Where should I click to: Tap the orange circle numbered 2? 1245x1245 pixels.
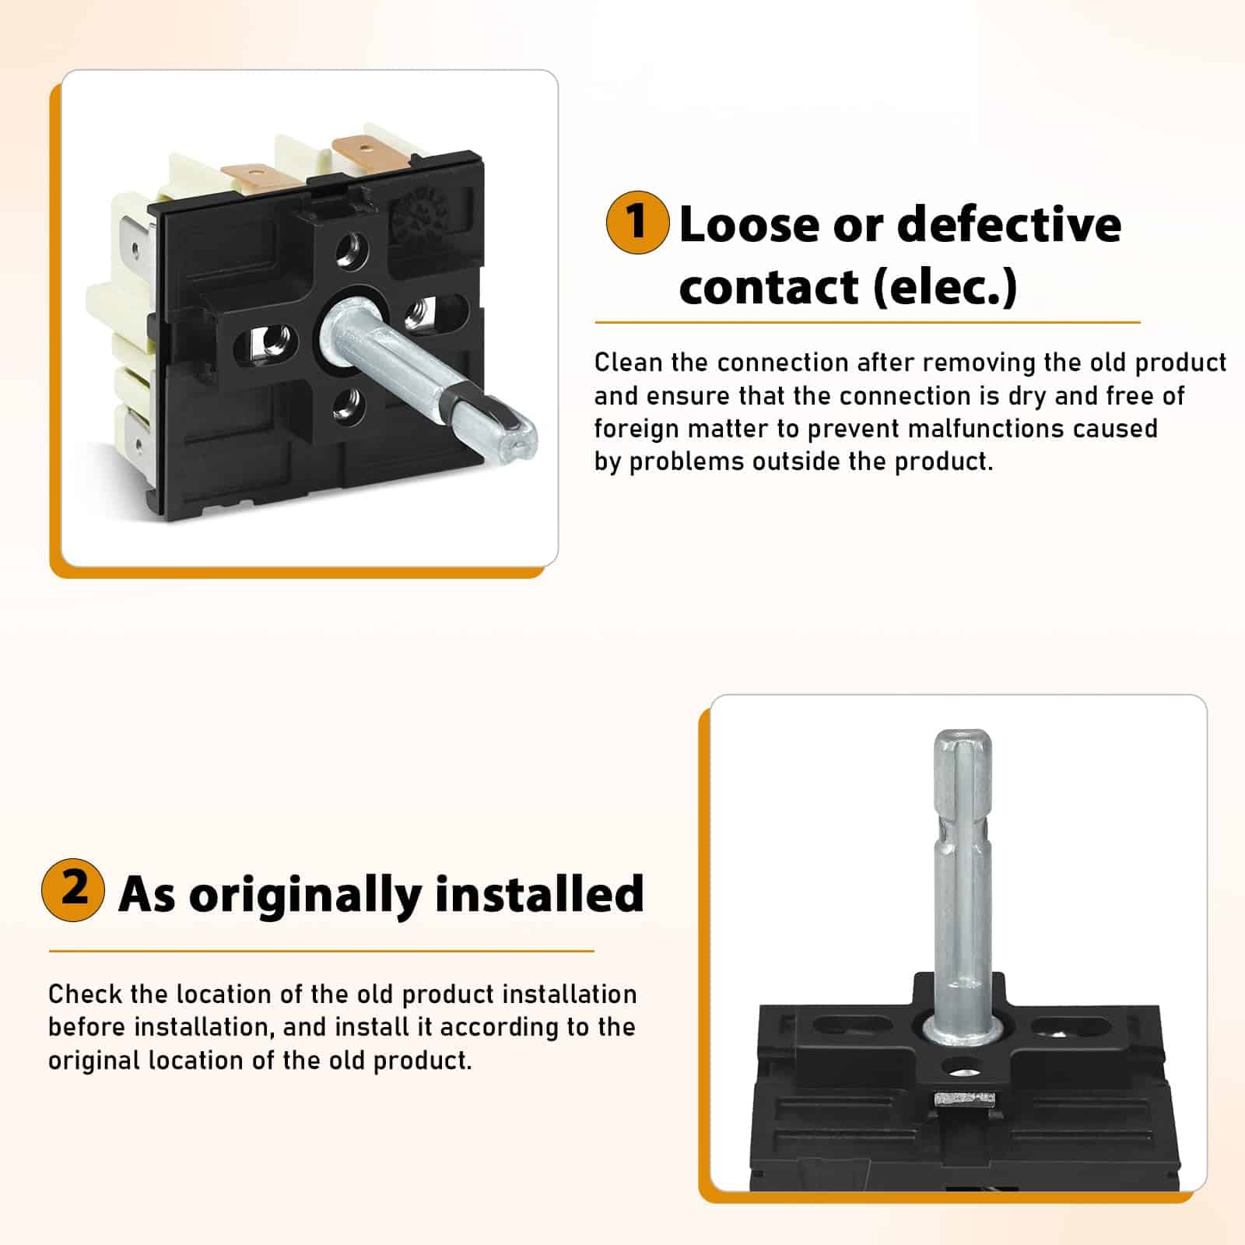pyautogui.click(x=73, y=890)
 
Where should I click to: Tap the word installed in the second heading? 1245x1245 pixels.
pyautogui.click(x=540, y=893)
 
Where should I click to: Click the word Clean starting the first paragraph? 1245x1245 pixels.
pyautogui.click(x=628, y=363)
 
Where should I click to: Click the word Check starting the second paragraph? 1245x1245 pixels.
pyautogui.click(x=82, y=994)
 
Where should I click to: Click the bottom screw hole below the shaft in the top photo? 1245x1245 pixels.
pyautogui.click(x=345, y=404)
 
